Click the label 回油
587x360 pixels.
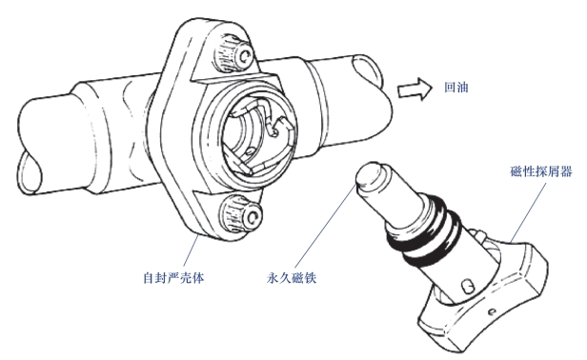click(x=455, y=88)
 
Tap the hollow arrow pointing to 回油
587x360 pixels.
click(x=415, y=90)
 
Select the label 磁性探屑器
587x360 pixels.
click(x=541, y=171)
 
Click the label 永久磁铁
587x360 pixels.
click(x=292, y=278)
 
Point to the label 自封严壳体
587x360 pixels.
click(x=173, y=278)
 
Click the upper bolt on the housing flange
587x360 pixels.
click(x=234, y=53)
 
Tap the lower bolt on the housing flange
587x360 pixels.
click(x=241, y=214)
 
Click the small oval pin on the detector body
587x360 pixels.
click(x=467, y=287)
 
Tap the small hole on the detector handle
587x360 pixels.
click(x=493, y=310)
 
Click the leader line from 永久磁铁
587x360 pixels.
click(x=325, y=224)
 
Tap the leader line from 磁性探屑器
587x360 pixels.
click(x=528, y=211)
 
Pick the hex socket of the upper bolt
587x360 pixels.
click(x=246, y=56)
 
